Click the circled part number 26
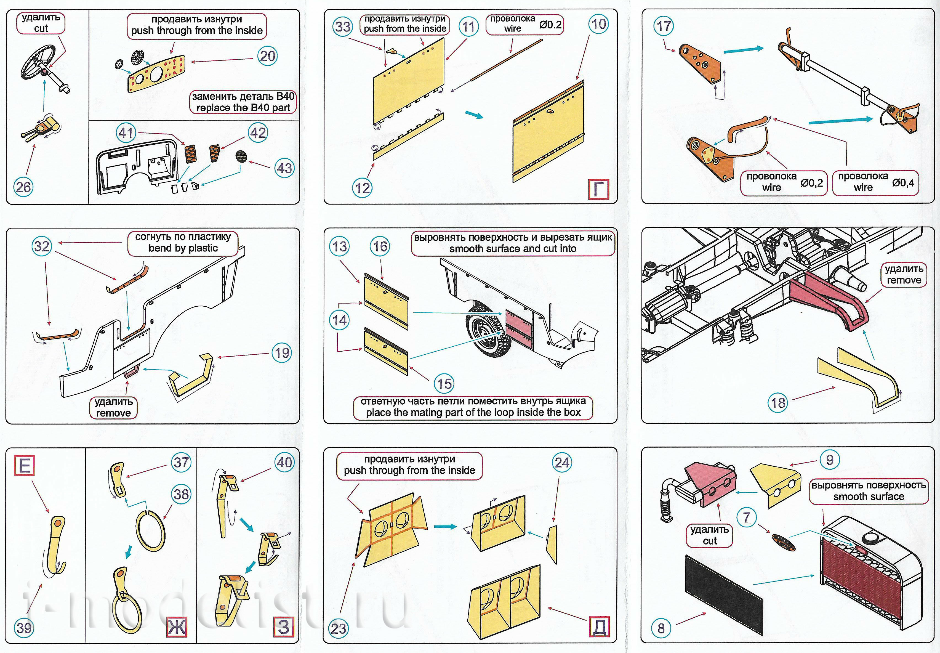pos(23,187)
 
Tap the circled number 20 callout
pos(268,56)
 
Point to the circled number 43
pos(284,168)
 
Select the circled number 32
pos(42,246)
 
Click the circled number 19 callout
pos(282,353)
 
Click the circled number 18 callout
pos(778,403)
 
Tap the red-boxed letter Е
pos(25,466)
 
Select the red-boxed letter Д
pos(599,627)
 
